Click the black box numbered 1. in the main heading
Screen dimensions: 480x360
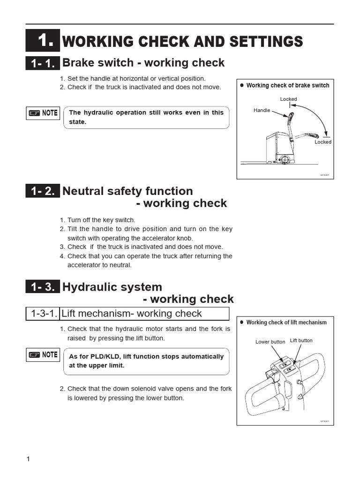[43, 41]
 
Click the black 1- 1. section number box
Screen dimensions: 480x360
[43, 63]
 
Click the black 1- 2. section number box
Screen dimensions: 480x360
[43, 191]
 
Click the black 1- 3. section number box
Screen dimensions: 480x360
[43, 287]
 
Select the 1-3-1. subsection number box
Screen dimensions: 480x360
[43, 314]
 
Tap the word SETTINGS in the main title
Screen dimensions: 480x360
[266, 41]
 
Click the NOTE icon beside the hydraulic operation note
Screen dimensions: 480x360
[43, 113]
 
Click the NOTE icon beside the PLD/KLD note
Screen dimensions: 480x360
[43, 355]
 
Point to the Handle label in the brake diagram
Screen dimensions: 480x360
[262, 110]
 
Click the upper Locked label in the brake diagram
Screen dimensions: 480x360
[288, 99]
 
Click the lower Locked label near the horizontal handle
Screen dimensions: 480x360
[322, 142]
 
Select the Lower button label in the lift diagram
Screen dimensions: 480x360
[270, 342]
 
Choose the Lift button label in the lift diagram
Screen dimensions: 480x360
[301, 340]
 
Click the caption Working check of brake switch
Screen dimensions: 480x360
[287, 85]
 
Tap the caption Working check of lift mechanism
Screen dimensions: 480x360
[286, 322]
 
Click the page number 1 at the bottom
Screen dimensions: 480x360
[28, 459]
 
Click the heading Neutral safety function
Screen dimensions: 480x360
[127, 191]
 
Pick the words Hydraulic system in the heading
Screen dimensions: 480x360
[112, 287]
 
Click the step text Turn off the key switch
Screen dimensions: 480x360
[101, 220]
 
